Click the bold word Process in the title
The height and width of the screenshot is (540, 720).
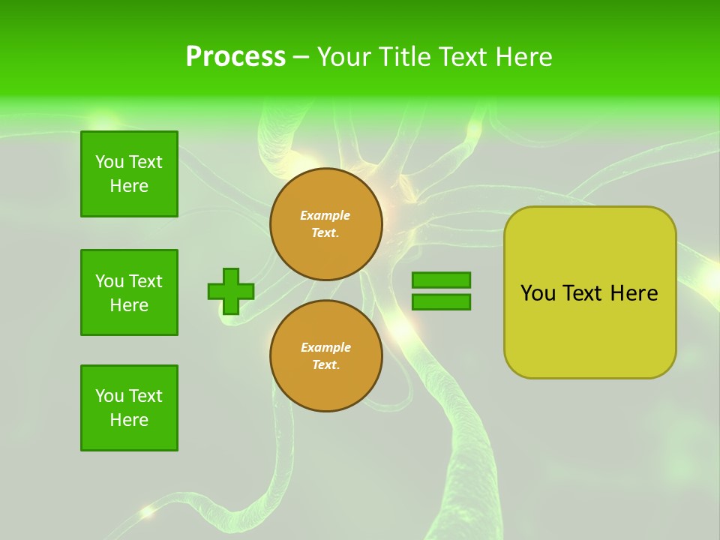pyautogui.click(x=235, y=57)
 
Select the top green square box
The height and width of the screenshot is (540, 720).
pyautogui.click(x=129, y=174)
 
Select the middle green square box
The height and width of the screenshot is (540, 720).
pyautogui.click(x=129, y=292)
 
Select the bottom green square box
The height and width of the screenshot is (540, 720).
pyautogui.click(x=129, y=408)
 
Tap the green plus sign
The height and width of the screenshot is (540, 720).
pyautogui.click(x=231, y=291)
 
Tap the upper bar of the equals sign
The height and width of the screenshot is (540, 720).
pyautogui.click(x=441, y=280)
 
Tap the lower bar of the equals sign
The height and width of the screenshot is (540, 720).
pyautogui.click(x=441, y=302)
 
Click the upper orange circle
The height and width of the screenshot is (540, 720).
pyautogui.click(x=326, y=224)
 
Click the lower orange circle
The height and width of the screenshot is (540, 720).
pyautogui.click(x=326, y=356)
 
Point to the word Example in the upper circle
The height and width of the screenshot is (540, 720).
pyautogui.click(x=325, y=215)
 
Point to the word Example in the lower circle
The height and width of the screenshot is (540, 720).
pyautogui.click(x=325, y=347)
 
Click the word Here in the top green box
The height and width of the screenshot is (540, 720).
pyautogui.click(x=129, y=186)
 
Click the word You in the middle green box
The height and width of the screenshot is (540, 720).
pyautogui.click(x=109, y=281)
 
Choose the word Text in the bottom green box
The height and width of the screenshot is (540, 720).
pyautogui.click(x=145, y=396)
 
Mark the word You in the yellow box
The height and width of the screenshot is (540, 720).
pyautogui.click(x=538, y=293)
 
